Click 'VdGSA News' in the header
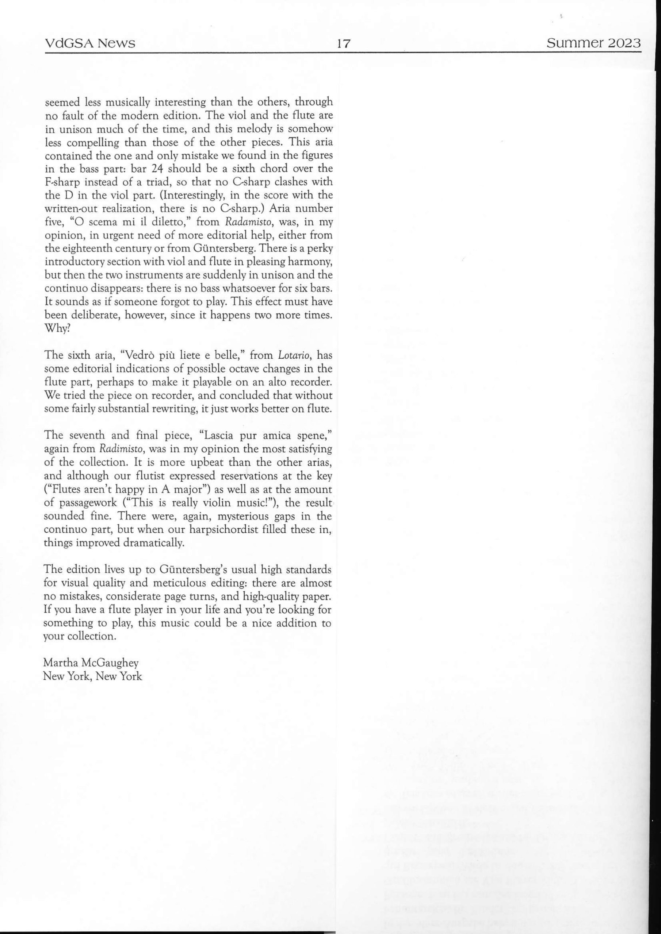click(89, 43)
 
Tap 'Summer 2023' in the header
click(593, 43)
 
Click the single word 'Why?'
click(57, 329)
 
